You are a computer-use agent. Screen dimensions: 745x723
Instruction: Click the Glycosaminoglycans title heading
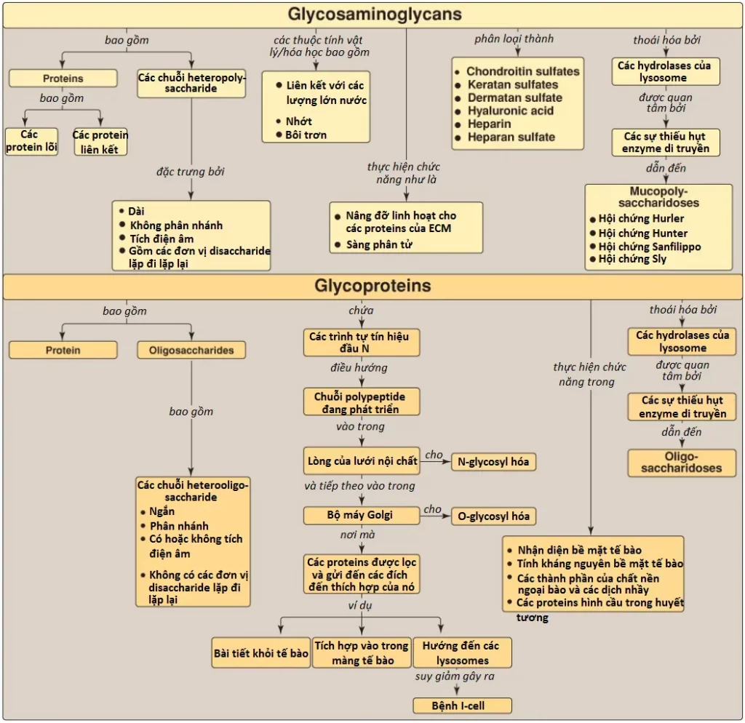tap(375, 14)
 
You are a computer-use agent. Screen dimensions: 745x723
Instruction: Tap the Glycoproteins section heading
tap(372, 286)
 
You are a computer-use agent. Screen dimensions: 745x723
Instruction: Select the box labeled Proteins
tap(63, 79)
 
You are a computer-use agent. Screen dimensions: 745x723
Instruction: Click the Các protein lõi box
tap(31, 141)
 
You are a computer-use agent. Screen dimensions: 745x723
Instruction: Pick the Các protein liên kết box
tap(100, 142)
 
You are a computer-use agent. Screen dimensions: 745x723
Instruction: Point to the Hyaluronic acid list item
tap(510, 111)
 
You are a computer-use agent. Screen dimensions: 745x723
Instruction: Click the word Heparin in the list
tap(490, 124)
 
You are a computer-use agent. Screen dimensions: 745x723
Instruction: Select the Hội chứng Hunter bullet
tap(639, 233)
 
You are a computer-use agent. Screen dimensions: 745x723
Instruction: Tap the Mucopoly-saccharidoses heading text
tap(658, 196)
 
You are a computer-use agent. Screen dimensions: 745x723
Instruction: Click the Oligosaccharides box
tap(191, 350)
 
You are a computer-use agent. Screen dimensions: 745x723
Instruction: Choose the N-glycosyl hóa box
tap(493, 462)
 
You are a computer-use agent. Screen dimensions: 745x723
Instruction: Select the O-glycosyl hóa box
tap(493, 516)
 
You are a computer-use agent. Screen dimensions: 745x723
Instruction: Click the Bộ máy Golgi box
tap(362, 516)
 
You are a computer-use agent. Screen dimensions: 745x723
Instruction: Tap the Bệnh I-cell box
tap(462, 706)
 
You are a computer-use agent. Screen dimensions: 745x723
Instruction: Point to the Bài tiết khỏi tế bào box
tap(261, 653)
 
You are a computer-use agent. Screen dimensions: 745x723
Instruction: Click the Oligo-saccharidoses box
tap(681, 463)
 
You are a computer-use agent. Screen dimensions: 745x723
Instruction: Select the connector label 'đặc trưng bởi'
tap(191, 172)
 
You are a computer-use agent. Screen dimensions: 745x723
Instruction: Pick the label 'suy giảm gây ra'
tap(455, 676)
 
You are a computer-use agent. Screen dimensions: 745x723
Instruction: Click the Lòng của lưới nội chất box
tap(362, 460)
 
